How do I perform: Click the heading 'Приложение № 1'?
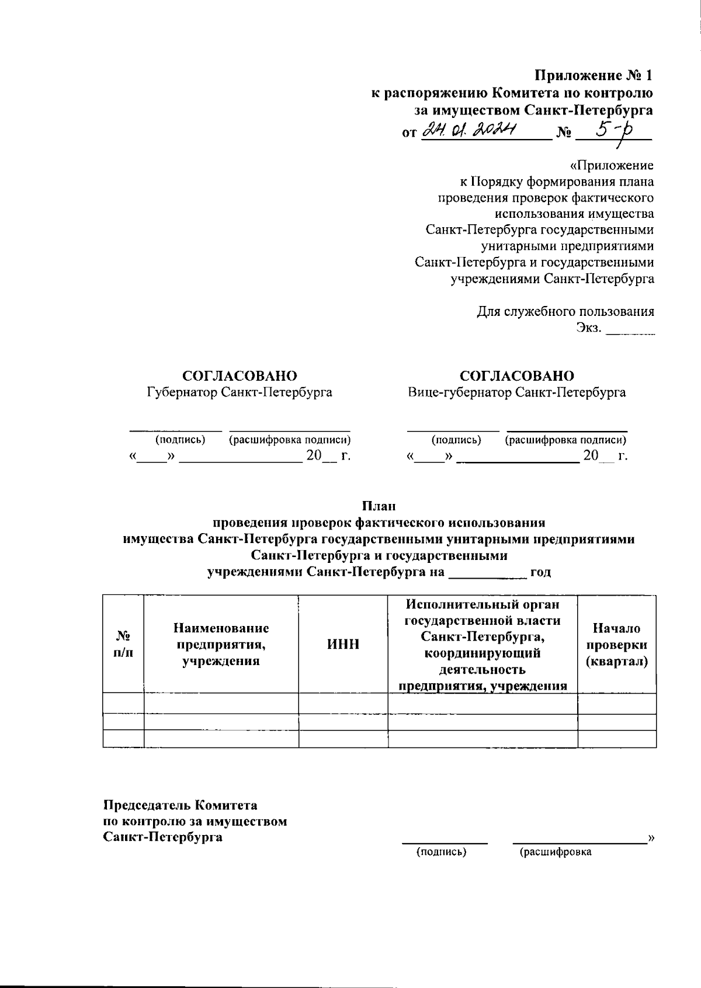594,76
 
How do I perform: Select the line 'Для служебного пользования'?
565,311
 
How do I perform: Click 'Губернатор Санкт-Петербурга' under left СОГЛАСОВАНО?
240,392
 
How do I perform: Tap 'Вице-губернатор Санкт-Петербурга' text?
517,392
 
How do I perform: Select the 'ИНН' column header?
343,645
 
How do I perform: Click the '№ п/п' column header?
123,645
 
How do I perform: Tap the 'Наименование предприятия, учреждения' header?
221,645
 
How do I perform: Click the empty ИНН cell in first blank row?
343,703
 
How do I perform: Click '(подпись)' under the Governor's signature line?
180,440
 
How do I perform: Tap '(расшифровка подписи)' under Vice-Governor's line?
565,440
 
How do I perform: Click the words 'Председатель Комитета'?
180,806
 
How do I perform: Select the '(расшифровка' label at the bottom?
556,852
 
